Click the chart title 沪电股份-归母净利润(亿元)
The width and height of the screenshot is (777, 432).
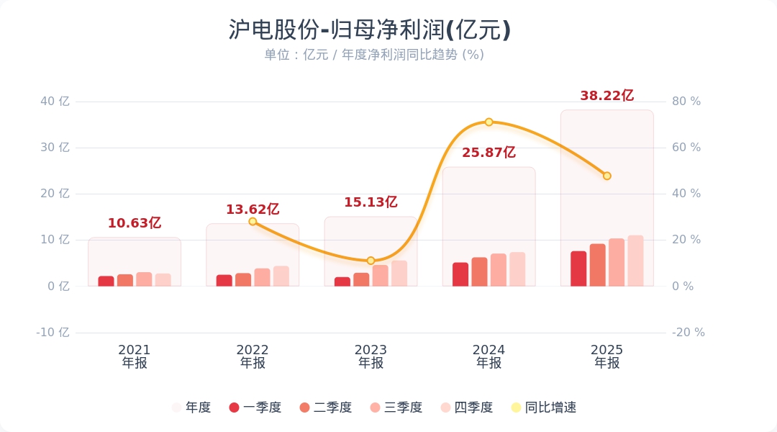click(370, 30)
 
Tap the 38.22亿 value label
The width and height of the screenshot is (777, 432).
click(606, 96)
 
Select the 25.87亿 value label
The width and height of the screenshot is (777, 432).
click(489, 153)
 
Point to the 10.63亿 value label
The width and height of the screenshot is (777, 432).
click(135, 223)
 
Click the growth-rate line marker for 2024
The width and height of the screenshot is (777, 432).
click(489, 122)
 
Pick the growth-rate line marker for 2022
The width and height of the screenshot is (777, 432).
click(253, 222)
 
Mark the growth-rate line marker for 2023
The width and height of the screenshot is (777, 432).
click(371, 261)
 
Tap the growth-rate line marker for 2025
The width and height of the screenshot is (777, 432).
click(606, 176)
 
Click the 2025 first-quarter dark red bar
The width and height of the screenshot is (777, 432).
click(578, 269)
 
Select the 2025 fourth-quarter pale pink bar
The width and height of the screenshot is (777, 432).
click(635, 261)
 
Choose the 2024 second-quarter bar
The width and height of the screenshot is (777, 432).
click(479, 271)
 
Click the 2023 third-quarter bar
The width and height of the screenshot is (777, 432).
click(380, 275)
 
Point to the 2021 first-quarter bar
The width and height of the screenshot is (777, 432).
click(106, 281)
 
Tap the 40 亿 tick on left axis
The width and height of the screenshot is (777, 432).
click(55, 102)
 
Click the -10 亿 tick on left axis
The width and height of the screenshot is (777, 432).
click(53, 333)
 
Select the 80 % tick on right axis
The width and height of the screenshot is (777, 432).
click(686, 102)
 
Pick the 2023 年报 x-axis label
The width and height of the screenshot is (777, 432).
click(371, 356)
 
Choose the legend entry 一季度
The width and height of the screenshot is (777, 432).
click(255, 408)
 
